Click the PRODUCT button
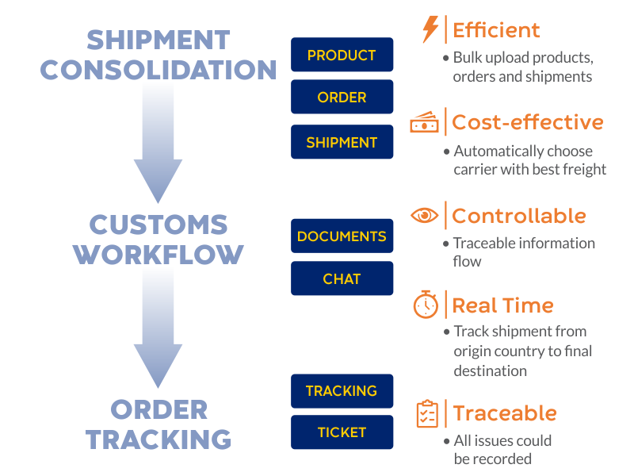click(342, 55)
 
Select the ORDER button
click(342, 97)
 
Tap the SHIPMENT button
click(342, 142)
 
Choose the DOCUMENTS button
click(342, 236)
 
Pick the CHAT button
click(342, 278)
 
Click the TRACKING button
click(342, 391)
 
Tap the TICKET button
click(342, 432)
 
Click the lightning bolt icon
click(430, 29)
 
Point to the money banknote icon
click(424, 122)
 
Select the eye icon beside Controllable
click(424, 215)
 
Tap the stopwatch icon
click(426, 305)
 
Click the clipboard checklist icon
click(427, 413)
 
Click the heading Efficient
click(496, 30)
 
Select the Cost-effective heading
click(528, 122)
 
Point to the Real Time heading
click(502, 305)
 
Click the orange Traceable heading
click(505, 413)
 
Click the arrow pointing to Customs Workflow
click(158, 143)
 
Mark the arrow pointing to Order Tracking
click(158, 328)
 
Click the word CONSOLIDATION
click(158, 70)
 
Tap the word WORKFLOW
click(158, 255)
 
